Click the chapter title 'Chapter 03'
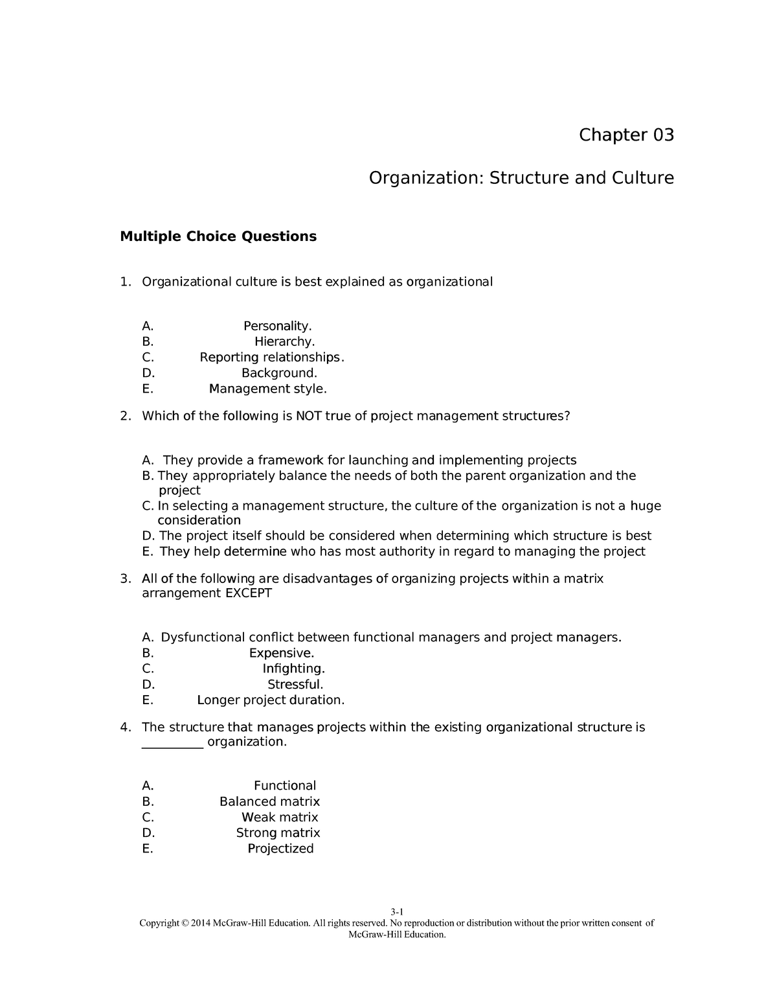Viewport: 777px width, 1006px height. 625,135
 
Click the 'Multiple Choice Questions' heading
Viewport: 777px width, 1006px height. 218,236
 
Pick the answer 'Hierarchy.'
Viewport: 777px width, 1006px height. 284,341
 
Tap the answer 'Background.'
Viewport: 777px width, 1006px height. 279,373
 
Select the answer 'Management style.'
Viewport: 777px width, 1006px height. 268,389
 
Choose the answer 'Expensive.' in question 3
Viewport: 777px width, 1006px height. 282,653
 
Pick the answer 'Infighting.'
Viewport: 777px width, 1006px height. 293,669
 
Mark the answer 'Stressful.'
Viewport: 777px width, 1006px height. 295,685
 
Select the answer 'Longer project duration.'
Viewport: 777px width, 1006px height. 271,700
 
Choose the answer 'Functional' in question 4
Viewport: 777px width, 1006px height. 285,786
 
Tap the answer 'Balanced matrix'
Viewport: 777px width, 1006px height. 269,802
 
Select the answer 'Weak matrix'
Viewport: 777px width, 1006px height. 280,817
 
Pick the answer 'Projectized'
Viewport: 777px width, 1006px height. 280,849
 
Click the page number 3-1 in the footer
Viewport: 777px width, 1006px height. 397,911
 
